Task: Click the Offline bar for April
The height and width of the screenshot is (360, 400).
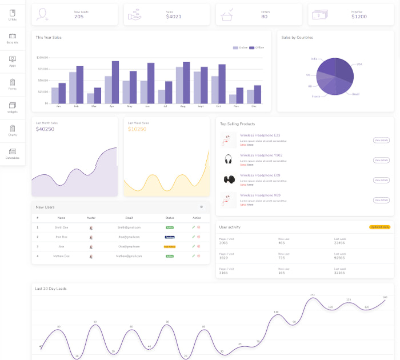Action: [x=115, y=82]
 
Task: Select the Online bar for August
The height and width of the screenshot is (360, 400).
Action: [x=179, y=85]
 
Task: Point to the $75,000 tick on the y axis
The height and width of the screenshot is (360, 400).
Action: [x=43, y=69]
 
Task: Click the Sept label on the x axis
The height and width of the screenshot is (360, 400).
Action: [x=201, y=106]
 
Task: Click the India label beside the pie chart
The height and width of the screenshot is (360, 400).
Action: [x=314, y=59]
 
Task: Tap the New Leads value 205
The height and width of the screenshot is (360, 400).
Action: [x=79, y=17]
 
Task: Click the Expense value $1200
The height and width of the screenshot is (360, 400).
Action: [x=359, y=17]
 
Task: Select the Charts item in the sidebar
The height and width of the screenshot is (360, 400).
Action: [x=13, y=131]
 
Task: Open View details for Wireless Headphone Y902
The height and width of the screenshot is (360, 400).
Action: [x=381, y=160]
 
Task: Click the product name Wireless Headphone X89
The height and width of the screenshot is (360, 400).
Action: [x=260, y=195]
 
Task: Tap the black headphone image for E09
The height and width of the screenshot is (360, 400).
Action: [x=229, y=179]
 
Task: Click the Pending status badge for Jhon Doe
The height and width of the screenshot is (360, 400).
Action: [x=169, y=237]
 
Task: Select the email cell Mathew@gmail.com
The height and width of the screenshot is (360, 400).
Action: [x=129, y=256]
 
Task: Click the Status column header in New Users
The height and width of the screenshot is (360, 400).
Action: [x=169, y=218]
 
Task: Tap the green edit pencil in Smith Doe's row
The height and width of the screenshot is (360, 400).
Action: [x=193, y=227]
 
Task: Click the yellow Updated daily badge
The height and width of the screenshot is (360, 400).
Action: [x=379, y=227]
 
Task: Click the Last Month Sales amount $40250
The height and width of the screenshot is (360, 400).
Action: [x=45, y=129]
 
